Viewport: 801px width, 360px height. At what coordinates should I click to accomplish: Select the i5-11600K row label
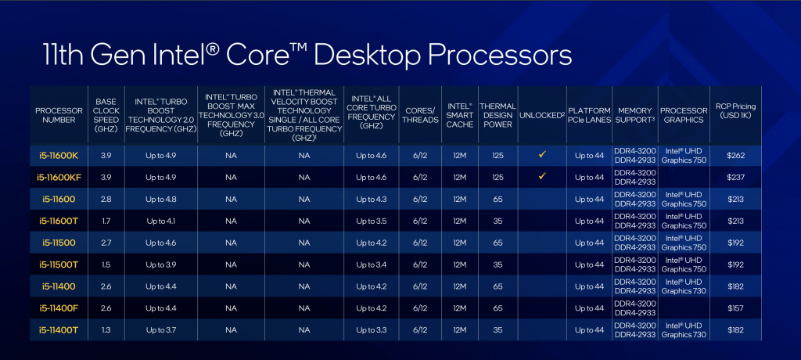tap(59, 156)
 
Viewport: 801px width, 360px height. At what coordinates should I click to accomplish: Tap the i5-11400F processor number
tap(59, 308)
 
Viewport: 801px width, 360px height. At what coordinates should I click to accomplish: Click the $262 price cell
tap(735, 156)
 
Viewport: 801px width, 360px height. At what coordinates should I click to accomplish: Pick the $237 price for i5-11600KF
tap(735, 178)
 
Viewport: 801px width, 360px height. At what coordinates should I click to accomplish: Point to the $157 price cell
tap(735, 308)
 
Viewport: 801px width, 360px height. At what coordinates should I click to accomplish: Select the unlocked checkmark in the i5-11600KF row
tap(542, 176)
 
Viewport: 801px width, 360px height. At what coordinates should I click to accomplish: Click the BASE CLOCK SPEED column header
tap(106, 115)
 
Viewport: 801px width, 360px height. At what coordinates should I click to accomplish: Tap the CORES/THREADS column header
tap(422, 115)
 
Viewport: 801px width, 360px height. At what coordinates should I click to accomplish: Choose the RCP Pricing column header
tap(735, 111)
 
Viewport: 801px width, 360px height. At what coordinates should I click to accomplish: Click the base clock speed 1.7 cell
tap(106, 221)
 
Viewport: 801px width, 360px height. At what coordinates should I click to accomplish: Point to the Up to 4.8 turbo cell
tap(161, 200)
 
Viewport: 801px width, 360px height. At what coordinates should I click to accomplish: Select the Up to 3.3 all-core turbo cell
tap(372, 330)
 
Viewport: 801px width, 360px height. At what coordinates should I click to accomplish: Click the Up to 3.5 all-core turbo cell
tap(372, 221)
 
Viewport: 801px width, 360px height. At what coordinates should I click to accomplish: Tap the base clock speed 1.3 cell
tap(106, 330)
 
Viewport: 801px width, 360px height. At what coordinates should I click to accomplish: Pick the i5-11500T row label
tap(59, 265)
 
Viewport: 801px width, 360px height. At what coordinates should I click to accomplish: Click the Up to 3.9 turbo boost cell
tap(161, 265)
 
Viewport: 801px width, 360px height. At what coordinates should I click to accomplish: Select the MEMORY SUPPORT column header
tap(635, 115)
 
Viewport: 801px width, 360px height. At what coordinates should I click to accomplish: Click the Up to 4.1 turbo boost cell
tap(161, 221)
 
